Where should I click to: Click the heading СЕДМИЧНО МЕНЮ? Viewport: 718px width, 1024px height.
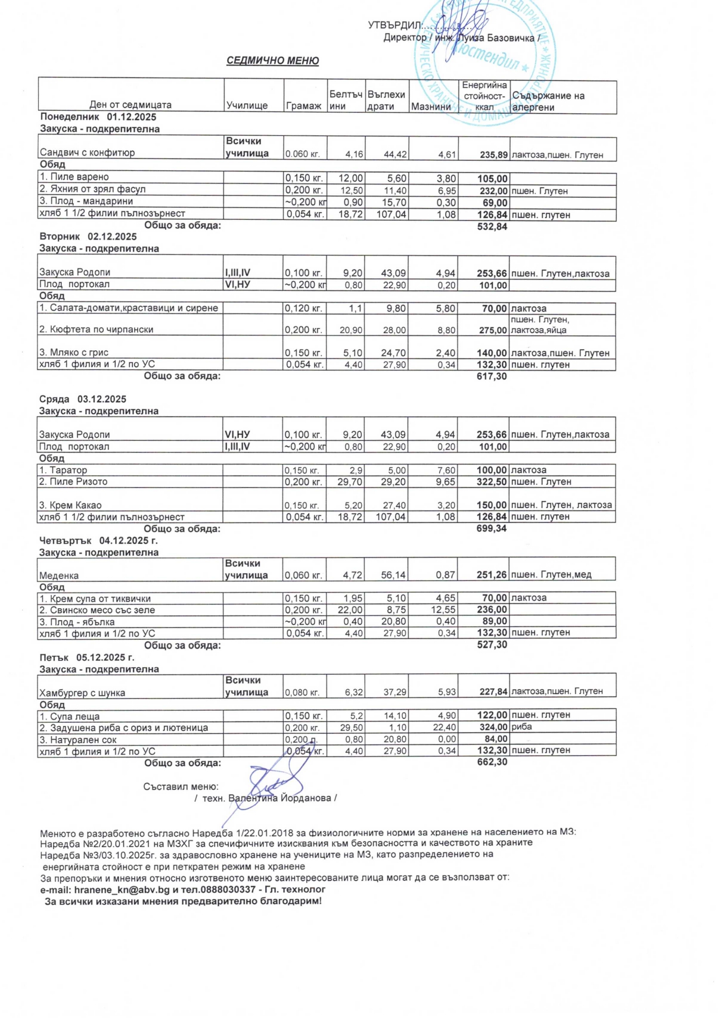(x=272, y=61)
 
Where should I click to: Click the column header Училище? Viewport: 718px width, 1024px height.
(x=247, y=105)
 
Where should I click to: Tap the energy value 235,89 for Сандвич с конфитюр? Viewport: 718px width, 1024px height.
(x=493, y=155)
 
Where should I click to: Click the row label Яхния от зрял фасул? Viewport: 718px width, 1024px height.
(x=96, y=189)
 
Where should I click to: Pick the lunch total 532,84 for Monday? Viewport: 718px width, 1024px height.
(x=492, y=226)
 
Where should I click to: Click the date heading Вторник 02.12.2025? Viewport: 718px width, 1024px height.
(x=88, y=236)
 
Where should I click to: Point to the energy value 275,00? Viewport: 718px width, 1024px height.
(x=493, y=330)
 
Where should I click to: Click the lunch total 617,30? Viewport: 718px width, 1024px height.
(x=492, y=376)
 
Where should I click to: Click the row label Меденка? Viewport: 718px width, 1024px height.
(x=59, y=575)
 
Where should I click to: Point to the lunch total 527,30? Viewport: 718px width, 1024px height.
(x=492, y=645)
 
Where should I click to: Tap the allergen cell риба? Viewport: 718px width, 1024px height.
(x=522, y=727)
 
